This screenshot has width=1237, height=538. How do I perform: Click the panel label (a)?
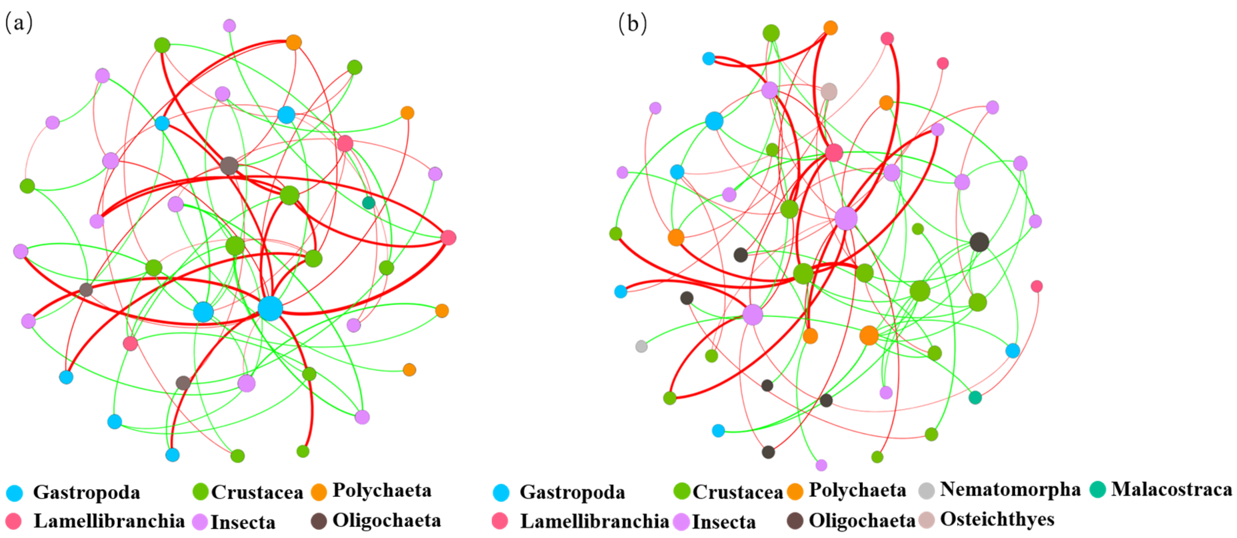[x=19, y=22]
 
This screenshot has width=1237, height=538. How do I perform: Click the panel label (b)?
[x=633, y=22]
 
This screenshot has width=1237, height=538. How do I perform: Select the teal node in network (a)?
[x=368, y=203]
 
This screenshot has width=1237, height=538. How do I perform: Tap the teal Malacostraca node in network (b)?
[x=975, y=397]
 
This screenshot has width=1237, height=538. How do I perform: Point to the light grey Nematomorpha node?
[x=641, y=346]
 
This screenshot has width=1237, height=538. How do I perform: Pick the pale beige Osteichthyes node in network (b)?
[x=829, y=91]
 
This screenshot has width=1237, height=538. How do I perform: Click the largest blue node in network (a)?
[x=270, y=308]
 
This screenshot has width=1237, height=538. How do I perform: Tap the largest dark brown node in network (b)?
[x=979, y=242]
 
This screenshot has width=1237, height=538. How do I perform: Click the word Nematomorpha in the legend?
[x=1010, y=490]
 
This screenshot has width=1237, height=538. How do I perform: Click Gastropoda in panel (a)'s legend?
[x=87, y=492]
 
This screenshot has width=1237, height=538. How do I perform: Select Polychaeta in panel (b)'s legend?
[x=857, y=490]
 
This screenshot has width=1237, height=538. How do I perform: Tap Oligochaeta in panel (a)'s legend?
[x=387, y=520]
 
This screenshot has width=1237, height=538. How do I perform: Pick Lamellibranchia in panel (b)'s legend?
[x=594, y=521]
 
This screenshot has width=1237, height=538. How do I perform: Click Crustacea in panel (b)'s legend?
[x=737, y=492]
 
